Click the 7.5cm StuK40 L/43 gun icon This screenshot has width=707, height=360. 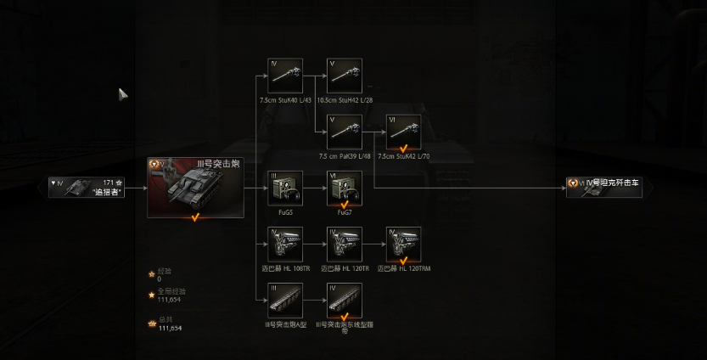(x=285, y=76)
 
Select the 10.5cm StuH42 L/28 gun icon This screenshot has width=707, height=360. (x=345, y=76)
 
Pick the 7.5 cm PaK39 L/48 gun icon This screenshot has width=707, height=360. (x=345, y=132)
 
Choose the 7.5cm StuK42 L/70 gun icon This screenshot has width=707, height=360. (x=403, y=132)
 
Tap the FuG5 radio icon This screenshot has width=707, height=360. (x=285, y=188)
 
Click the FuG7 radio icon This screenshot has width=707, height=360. (x=345, y=188)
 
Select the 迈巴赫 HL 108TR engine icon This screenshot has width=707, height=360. (x=285, y=244)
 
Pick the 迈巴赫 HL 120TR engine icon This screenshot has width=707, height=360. (x=345, y=244)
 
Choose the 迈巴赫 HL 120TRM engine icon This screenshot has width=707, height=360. (x=403, y=244)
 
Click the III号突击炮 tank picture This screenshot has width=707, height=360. (x=195, y=187)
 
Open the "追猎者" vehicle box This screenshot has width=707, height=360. (x=87, y=187)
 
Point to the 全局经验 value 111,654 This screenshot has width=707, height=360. (x=169, y=299)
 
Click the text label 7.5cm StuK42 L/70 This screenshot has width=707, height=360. (x=403, y=156)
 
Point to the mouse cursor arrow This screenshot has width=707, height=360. (x=122, y=93)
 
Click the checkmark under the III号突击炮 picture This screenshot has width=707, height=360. (x=195, y=217)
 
